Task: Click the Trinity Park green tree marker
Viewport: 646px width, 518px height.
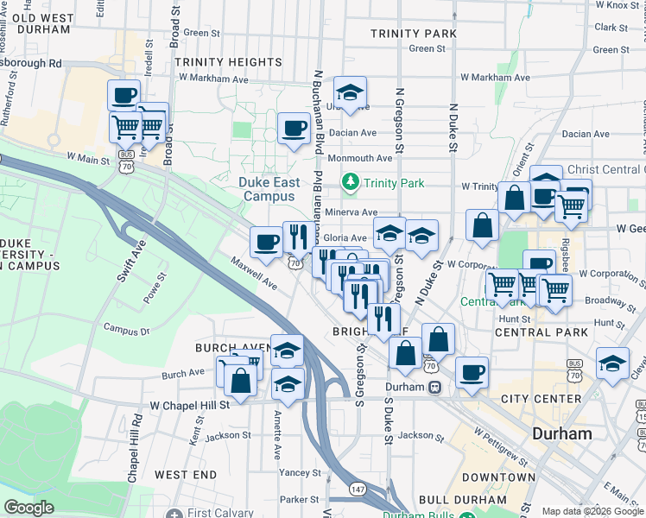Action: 351,182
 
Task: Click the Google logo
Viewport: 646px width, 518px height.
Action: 28,508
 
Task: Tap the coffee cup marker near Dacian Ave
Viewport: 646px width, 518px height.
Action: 294,129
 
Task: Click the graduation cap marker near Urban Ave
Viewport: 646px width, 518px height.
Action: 349,92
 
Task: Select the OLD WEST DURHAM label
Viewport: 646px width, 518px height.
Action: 42,23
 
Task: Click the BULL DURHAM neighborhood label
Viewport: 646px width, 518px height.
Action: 463,500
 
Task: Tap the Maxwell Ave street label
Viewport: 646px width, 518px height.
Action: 253,272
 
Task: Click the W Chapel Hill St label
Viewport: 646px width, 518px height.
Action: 189,405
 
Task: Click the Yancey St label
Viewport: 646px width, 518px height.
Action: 300,472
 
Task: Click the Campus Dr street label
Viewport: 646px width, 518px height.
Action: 126,329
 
